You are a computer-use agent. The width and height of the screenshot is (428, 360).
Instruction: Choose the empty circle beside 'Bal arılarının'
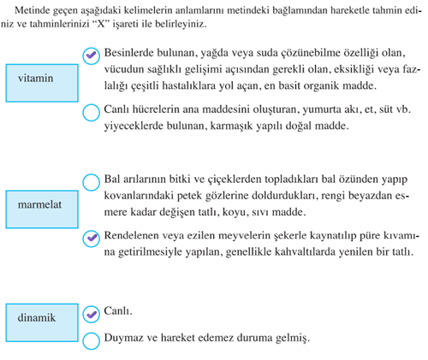92,181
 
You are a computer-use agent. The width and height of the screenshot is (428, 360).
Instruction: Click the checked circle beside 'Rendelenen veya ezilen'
92,237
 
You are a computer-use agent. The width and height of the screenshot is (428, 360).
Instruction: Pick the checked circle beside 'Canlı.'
92,313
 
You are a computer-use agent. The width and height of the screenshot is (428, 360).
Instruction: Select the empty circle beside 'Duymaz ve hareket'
92,339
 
